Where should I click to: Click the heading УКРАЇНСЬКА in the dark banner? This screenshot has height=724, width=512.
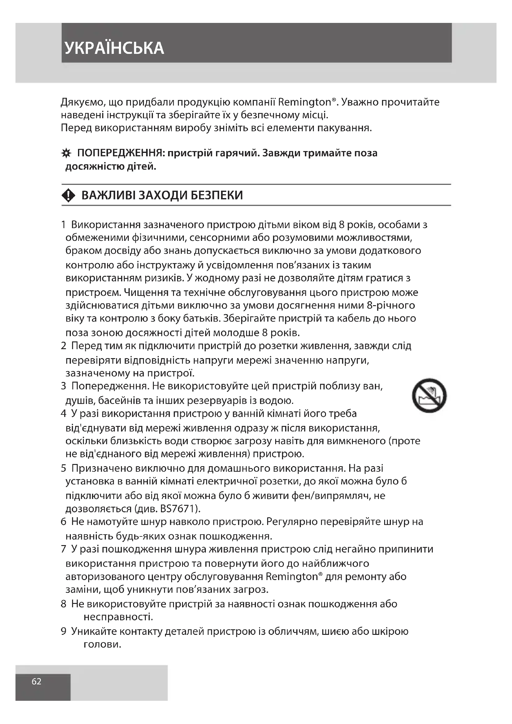point(114,48)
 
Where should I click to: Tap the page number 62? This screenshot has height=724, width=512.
point(36,681)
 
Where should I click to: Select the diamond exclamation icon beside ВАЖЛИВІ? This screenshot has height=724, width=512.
point(68,196)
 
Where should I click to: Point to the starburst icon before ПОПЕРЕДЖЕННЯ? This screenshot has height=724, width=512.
point(65,154)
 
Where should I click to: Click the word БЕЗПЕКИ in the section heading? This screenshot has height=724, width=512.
point(217,196)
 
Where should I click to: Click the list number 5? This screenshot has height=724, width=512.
point(63,468)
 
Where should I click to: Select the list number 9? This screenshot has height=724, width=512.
point(63,631)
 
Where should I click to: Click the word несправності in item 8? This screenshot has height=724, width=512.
point(118,617)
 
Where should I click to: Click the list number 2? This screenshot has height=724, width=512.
point(63,346)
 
